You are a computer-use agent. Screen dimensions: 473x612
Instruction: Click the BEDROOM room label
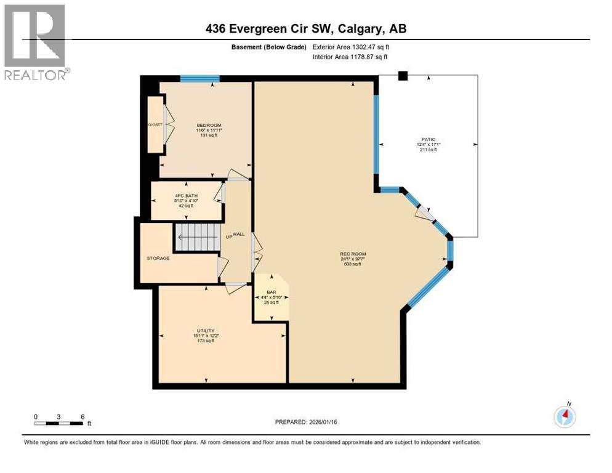204,125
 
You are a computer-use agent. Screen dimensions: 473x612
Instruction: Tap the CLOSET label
155,124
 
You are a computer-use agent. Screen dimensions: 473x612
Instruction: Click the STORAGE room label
158,258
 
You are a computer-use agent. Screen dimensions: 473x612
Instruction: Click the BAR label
270,293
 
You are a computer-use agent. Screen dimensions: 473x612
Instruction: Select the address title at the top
306,28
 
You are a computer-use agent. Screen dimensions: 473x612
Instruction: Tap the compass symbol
565,416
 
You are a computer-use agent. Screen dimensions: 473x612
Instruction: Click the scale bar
59,423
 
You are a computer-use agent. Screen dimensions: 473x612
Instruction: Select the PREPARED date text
306,422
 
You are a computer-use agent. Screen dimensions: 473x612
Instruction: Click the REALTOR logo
35,42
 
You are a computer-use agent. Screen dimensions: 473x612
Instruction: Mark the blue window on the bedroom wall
200,78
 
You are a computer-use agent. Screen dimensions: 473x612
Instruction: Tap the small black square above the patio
403,76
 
